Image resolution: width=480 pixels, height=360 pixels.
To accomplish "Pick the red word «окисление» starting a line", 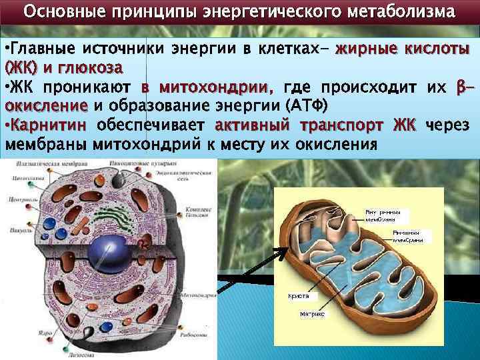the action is coord(46,106).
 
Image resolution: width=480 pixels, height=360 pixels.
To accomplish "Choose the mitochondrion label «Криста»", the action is coord(297,295).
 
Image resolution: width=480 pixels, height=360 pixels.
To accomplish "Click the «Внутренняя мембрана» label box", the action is coord(381,215).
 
